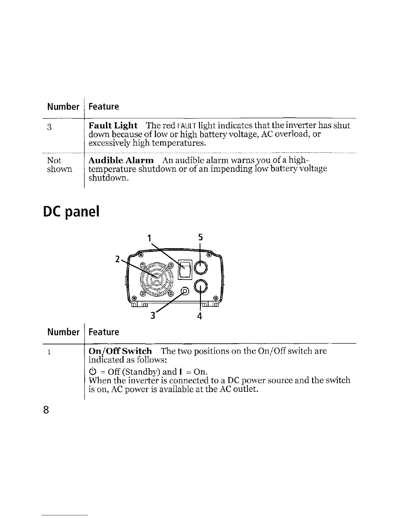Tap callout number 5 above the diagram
coord(200,237)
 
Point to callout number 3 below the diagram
coord(152,316)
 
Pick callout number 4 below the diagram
coord(200,316)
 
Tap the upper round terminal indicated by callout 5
coord(200,268)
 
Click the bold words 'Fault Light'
coord(113,126)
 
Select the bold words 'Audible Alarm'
coord(121,161)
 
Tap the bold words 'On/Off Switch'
coord(120,351)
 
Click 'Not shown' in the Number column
coord(59,165)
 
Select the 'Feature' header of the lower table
coord(104,332)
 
